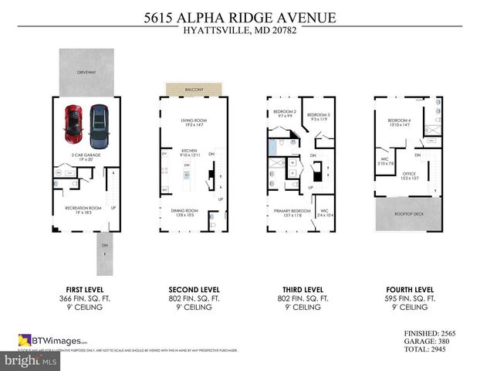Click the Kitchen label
(x=190, y=152)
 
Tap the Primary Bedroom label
(x=289, y=212)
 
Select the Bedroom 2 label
(x=284, y=113)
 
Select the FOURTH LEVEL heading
(x=409, y=288)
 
